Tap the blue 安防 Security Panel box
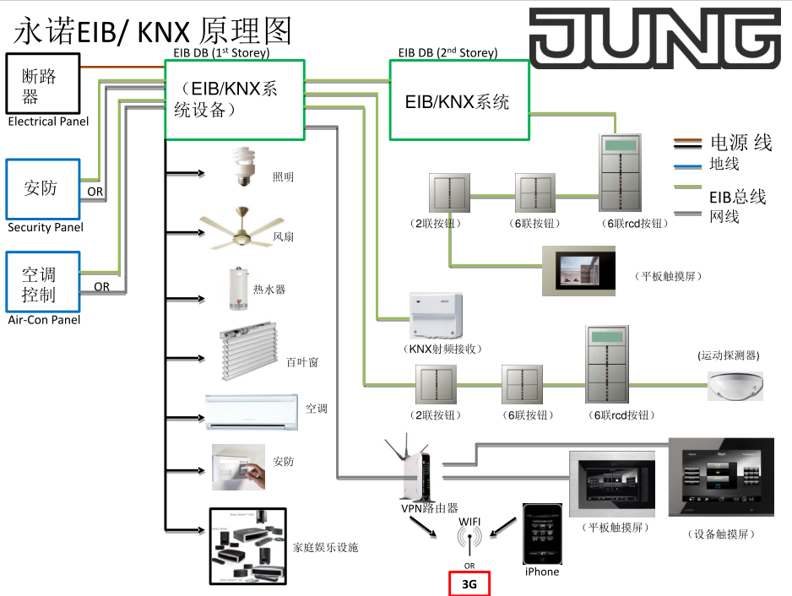(42, 188)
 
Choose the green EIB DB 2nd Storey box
(458, 100)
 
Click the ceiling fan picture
(236, 227)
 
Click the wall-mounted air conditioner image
(252, 411)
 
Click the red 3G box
(469, 583)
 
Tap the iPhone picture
(541, 534)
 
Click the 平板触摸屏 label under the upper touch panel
(669, 276)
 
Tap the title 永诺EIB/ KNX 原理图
(153, 31)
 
